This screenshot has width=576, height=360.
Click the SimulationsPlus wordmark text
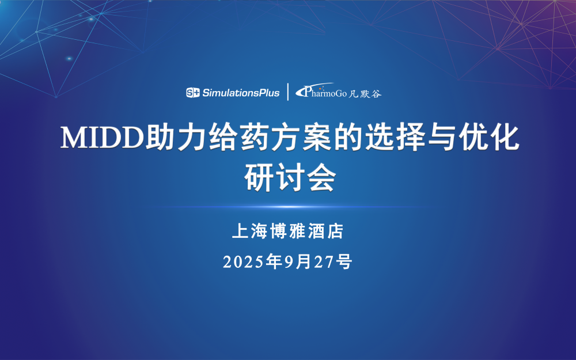pyautogui.click(x=241, y=93)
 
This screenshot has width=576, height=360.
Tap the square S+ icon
pyautogui.click(x=193, y=93)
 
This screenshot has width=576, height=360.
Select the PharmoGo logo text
pyautogui.click(x=321, y=91)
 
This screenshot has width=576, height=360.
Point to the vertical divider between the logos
pyautogui.click(x=287, y=92)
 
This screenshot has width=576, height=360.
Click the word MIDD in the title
pyautogui.click(x=102, y=138)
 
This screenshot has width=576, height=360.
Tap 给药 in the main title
pyautogui.click(x=238, y=138)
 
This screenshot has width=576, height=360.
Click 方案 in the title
pyautogui.click(x=302, y=138)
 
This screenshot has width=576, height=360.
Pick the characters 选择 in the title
pyautogui.click(x=395, y=138)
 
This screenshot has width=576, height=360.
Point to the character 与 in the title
pyautogui.click(x=442, y=138)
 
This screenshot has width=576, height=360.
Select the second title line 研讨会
pyautogui.click(x=290, y=177)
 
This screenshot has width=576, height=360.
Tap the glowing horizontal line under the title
pyautogui.click(x=288, y=207)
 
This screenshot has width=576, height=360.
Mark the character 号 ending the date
pyautogui.click(x=344, y=262)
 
